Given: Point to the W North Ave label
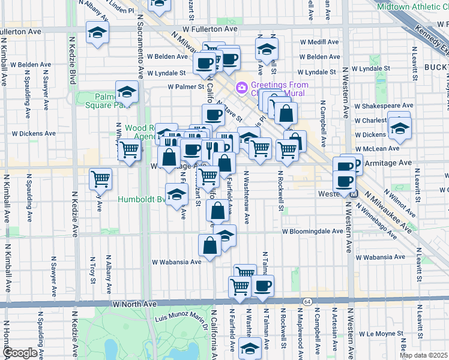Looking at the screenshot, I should [134, 304].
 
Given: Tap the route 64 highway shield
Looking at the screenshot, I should [307, 301].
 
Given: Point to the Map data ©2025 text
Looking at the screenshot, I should [423, 355].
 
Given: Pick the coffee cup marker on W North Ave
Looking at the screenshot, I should [262, 286].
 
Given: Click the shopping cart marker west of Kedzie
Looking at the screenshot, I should [100, 178].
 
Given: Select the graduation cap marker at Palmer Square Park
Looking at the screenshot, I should [127, 92].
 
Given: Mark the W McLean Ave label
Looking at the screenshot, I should [378, 148].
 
